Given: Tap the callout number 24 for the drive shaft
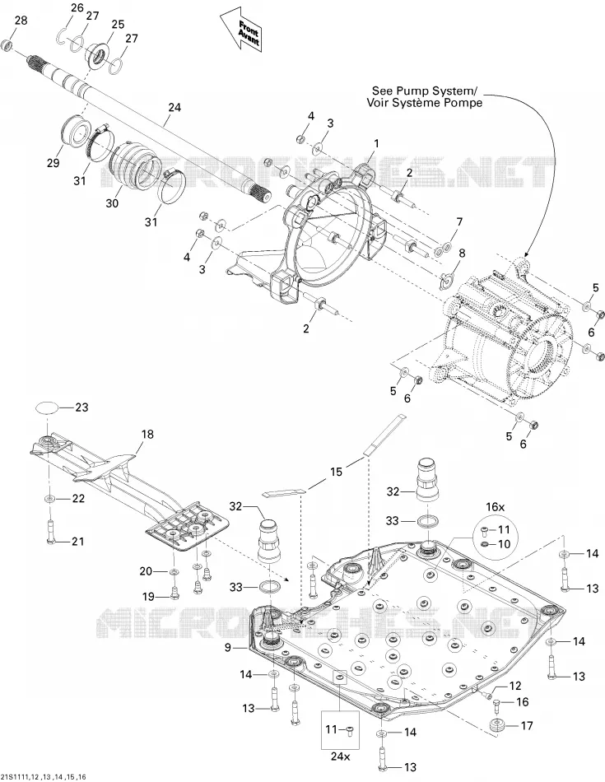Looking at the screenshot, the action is click(175, 107).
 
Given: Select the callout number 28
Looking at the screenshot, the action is click(21, 21).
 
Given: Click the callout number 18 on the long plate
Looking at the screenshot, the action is click(147, 435).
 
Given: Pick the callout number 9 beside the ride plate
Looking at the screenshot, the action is click(228, 647).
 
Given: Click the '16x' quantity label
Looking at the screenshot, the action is click(496, 507).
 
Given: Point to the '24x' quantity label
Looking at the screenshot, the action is click(340, 756).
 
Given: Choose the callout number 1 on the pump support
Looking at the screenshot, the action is click(376, 143).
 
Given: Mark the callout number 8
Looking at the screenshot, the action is click(462, 253).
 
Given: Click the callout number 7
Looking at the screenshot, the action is click(459, 222).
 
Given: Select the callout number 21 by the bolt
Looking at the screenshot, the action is click(78, 541).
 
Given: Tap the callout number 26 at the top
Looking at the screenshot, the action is click(77, 7).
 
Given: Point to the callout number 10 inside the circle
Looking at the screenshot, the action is click(505, 544).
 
